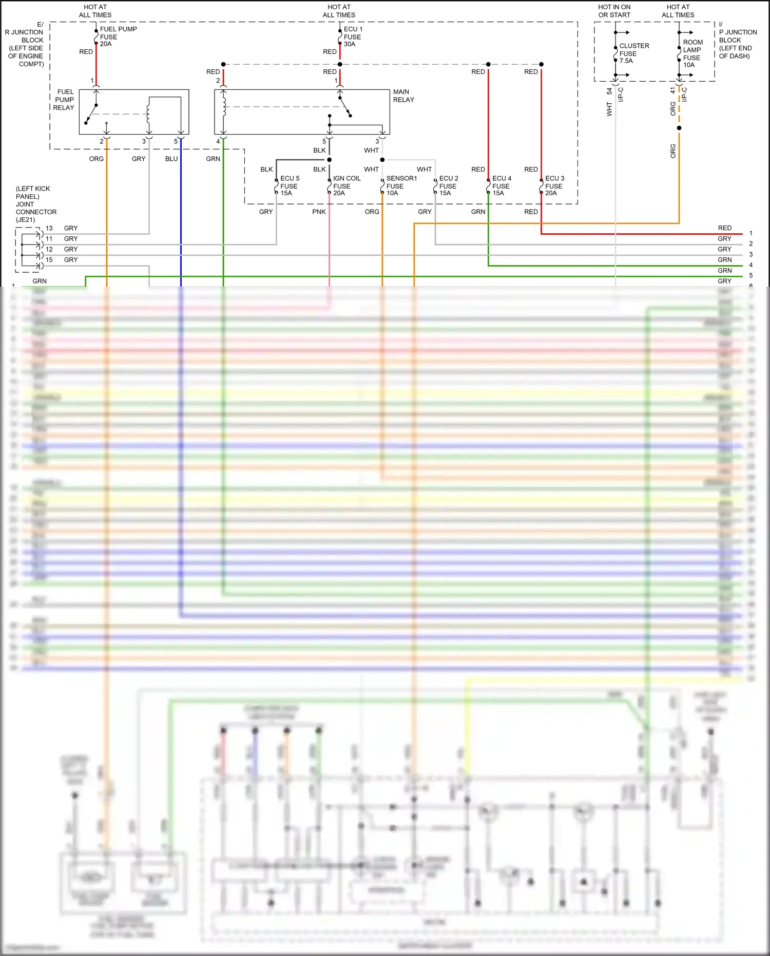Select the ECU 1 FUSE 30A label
point(352,36)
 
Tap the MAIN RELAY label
point(403,96)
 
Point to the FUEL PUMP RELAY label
point(64,100)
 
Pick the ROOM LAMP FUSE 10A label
point(692,53)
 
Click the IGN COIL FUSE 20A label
point(346,185)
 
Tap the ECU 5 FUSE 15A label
point(289,185)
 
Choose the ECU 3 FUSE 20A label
point(554,185)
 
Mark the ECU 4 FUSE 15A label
point(501,185)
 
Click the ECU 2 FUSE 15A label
point(448,185)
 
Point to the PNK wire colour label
point(319,212)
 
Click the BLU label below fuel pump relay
point(171,159)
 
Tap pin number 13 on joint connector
point(49,228)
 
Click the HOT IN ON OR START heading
point(614,11)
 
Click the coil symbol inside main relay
point(224,106)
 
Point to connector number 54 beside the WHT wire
point(609,91)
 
